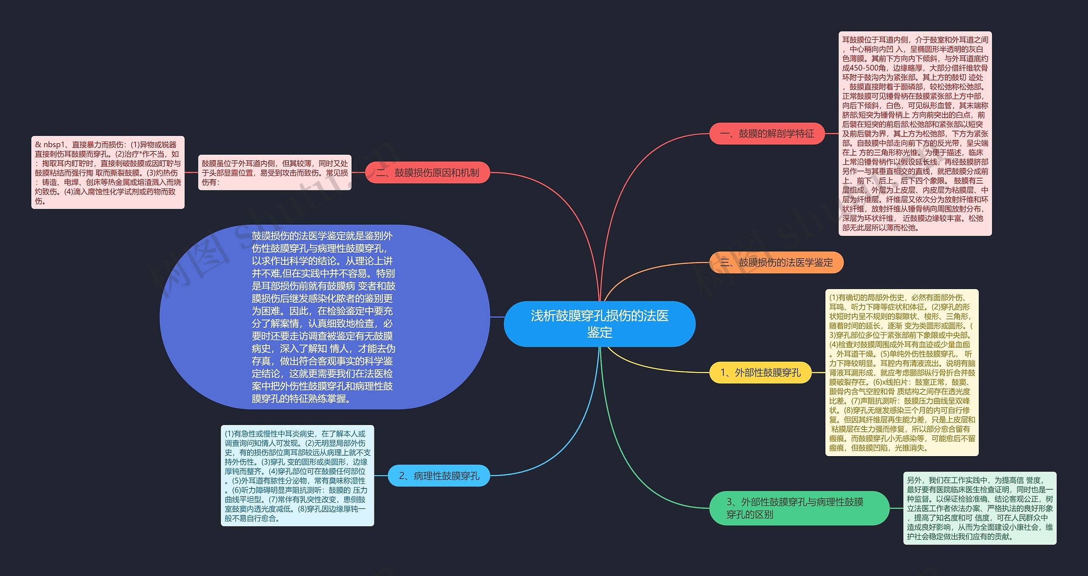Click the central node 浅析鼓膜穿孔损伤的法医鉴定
599,323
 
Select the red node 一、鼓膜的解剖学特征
767,134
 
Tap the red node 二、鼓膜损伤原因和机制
428,173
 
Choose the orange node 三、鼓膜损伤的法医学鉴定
776,263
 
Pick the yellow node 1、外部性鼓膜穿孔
760,373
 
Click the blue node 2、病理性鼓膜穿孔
439,476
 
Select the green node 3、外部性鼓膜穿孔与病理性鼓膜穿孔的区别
799,508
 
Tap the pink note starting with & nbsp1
108,173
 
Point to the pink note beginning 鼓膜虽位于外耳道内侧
275,173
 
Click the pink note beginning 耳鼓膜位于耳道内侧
915,134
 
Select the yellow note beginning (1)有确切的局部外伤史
902,373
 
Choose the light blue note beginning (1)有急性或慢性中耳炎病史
297,476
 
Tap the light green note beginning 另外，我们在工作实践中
980,508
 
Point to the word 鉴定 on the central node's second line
599,332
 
